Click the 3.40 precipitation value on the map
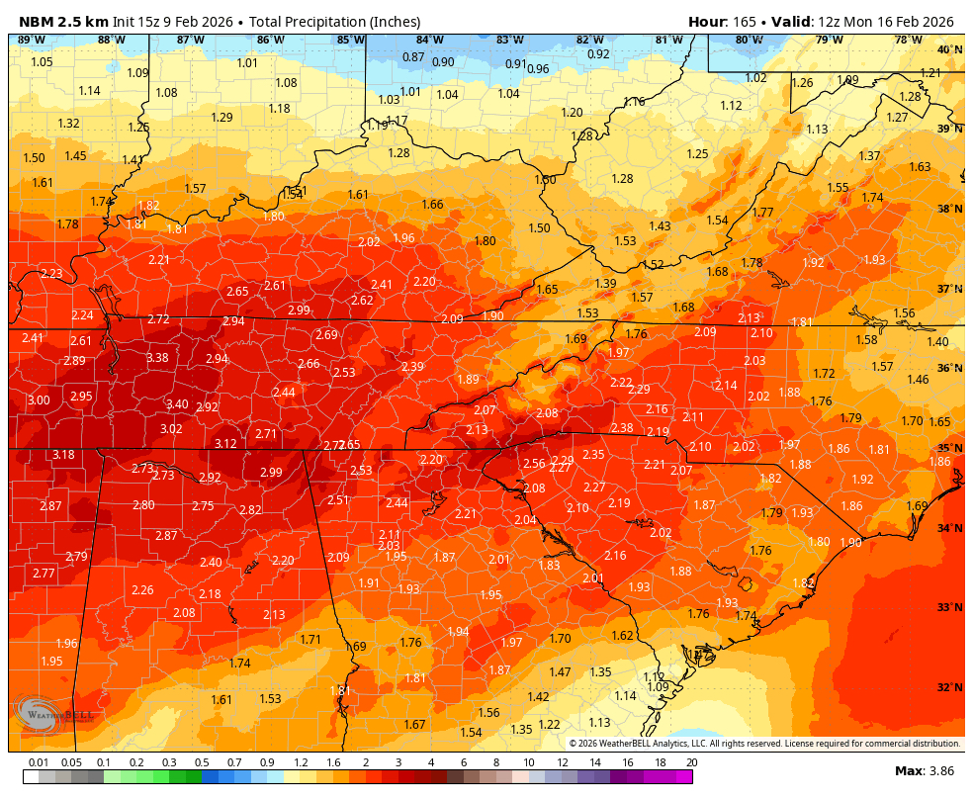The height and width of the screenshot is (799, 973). pos(177,404)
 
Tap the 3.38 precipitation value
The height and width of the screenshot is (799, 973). pos(157,358)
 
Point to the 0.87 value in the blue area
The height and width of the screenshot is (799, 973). pos(413,57)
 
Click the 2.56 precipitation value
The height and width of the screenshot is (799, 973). pos(534,464)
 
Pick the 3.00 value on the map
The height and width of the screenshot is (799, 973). pos(39,400)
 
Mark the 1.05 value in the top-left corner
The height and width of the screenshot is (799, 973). pos(42,62)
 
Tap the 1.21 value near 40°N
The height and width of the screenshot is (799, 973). pos(930,73)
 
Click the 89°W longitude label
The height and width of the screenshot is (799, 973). pos(32,40)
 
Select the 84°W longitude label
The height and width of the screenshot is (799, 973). pos(429,40)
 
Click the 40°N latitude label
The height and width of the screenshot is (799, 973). pos(949,49)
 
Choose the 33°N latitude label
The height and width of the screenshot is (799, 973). pos(949,607)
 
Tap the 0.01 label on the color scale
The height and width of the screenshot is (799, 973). pos(40,762)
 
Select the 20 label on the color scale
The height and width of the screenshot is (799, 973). pos(691,762)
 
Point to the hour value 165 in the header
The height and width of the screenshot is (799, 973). pos(745,22)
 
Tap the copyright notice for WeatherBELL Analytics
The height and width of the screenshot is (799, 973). pos(763,744)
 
